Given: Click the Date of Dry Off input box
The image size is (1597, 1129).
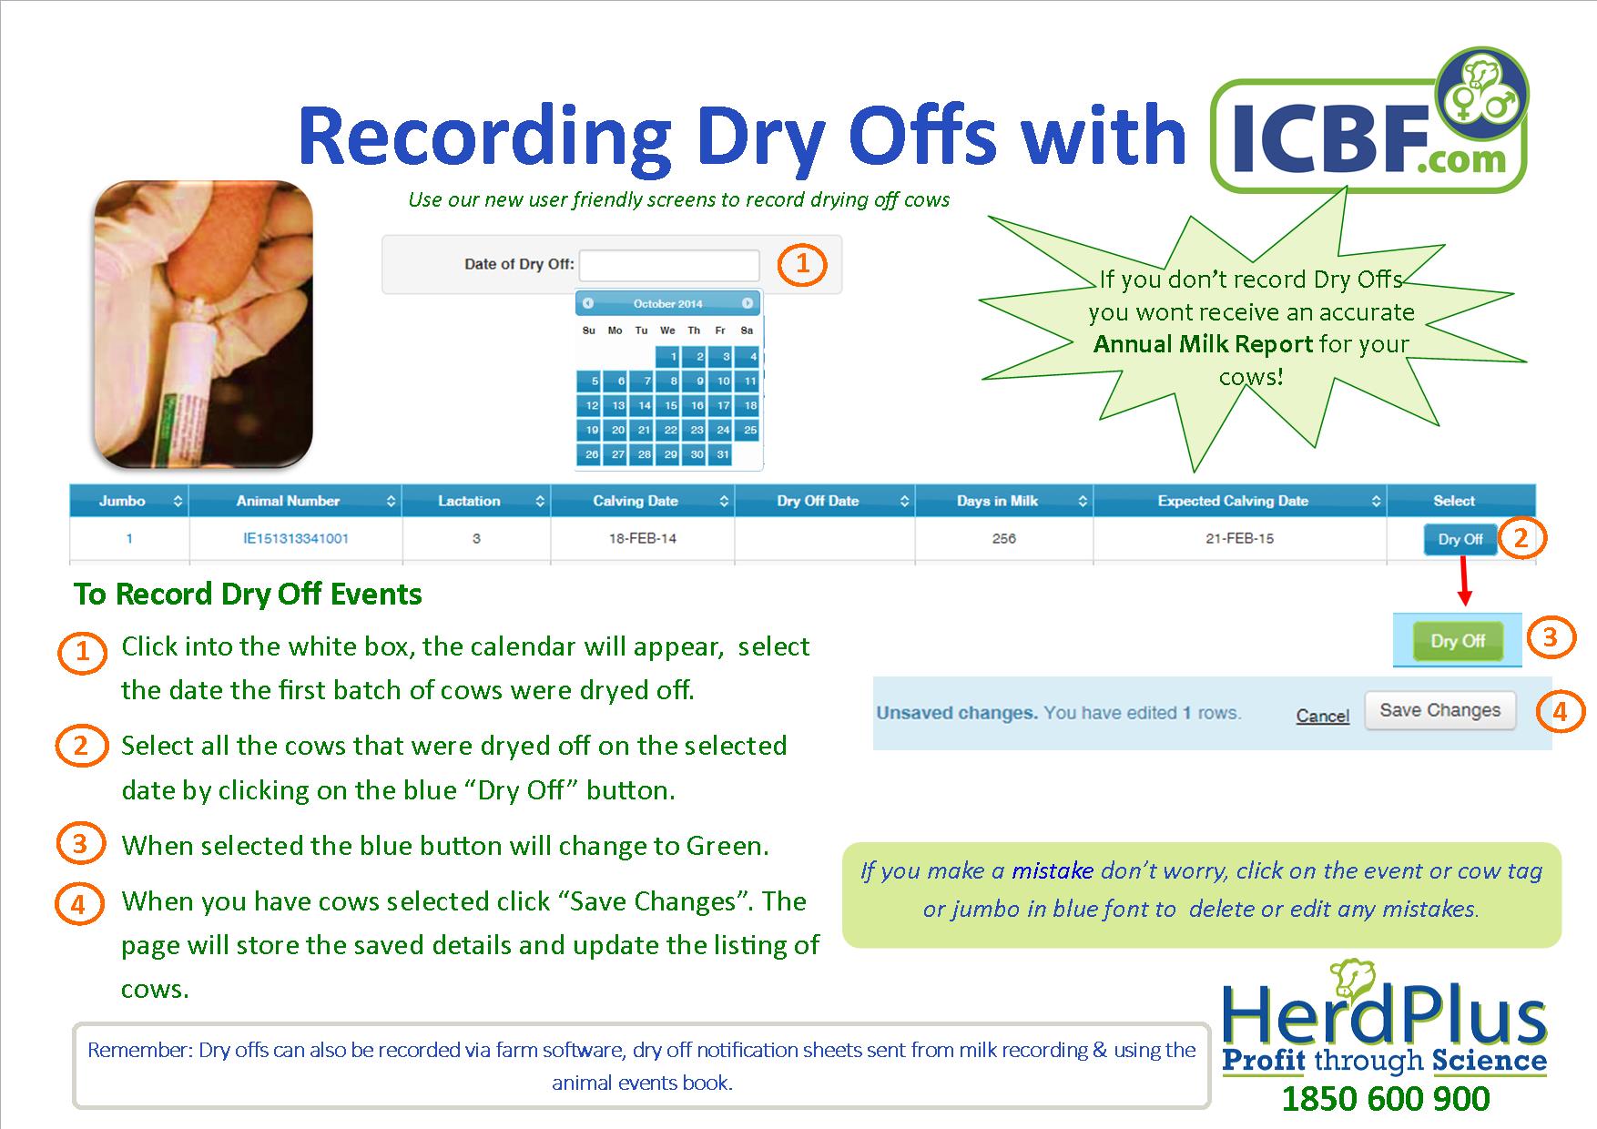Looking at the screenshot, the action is [669, 265].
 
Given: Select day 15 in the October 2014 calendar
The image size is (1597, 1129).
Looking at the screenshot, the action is [669, 405].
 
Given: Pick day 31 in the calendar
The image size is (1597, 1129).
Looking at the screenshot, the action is [721, 453].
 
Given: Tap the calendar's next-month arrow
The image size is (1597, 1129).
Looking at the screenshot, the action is [747, 303].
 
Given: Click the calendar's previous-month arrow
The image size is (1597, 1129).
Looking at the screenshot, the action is [588, 303].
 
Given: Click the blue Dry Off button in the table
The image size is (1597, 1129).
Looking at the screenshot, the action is [1460, 539].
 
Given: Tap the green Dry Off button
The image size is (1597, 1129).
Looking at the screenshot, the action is [1457, 641].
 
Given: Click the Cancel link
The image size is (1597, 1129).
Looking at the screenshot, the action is [1322, 716].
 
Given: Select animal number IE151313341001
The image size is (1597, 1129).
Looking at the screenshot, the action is [296, 538].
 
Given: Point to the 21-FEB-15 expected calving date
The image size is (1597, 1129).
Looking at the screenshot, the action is [1239, 538].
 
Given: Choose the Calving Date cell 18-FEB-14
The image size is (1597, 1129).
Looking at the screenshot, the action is [642, 538].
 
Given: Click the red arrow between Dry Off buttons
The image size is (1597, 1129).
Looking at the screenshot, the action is [1464, 580].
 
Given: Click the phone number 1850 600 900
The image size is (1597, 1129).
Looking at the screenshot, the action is [1385, 1099].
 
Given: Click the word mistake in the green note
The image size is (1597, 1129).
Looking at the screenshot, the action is [1052, 870].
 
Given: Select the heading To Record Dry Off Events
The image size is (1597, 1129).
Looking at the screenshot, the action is [248, 595].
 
